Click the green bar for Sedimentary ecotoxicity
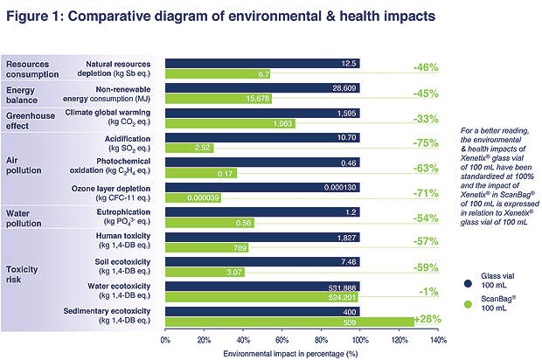pyautogui.click(x=288, y=322)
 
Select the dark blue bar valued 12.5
pyautogui.click(x=262, y=64)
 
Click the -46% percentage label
pyautogui.click(x=426, y=67)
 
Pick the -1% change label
pyautogui.click(x=427, y=291)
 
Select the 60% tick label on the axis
pyautogui.click(x=281, y=340)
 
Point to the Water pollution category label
pyautogui.click(x=28, y=216)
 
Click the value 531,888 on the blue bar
pyautogui.click(x=344, y=285)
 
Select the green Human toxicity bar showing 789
pyautogui.click(x=205, y=247)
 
